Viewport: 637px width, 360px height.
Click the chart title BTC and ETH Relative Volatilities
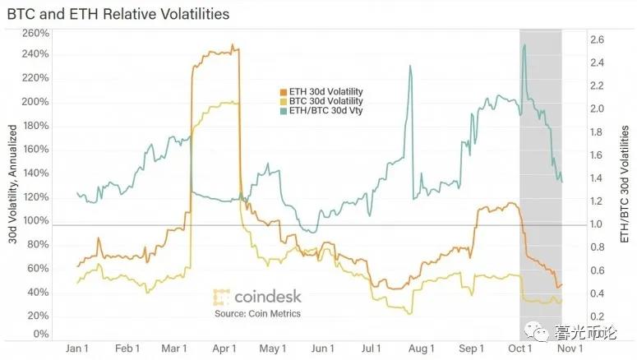tap(118, 15)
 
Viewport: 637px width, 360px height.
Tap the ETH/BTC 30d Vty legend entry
tap(320, 111)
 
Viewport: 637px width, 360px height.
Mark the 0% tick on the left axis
tap(41, 335)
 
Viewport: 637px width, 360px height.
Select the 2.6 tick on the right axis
tap(598, 39)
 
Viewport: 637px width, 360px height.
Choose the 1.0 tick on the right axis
tap(598, 224)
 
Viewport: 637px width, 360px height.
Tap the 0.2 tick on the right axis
tap(598, 316)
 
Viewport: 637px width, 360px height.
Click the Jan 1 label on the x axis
tap(79, 349)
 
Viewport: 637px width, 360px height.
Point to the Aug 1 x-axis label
tap(422, 349)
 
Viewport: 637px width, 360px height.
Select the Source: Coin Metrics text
tap(257, 313)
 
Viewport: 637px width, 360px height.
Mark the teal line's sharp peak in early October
tap(524, 46)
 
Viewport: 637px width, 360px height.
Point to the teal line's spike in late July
tap(410, 67)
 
